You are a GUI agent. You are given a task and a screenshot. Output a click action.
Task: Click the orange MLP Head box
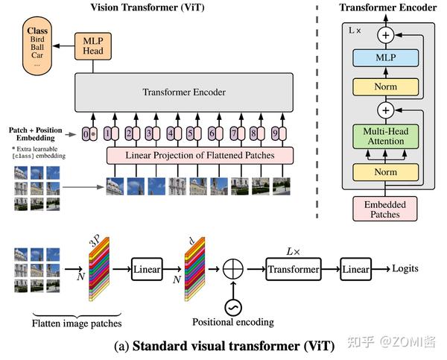coord(93,46)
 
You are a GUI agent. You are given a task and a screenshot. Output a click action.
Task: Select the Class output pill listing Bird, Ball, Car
coord(37,46)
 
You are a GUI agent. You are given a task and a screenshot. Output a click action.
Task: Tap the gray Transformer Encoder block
coord(184,92)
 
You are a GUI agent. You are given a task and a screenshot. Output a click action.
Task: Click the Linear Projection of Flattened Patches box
coord(200,156)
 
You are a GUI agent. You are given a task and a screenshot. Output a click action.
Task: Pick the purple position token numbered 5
coord(190,133)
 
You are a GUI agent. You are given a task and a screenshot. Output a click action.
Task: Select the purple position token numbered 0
coord(86,133)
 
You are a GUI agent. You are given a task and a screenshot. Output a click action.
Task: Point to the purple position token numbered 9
coord(275,133)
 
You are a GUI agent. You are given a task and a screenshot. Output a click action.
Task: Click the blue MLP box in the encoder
coord(386,58)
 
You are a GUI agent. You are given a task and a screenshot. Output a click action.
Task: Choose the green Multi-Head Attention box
coord(386,136)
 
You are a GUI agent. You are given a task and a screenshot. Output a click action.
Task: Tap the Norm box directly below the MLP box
coord(386,86)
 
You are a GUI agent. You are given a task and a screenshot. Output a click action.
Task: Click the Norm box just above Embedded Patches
coord(386,172)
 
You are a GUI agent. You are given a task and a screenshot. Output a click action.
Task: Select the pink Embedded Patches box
coord(385,209)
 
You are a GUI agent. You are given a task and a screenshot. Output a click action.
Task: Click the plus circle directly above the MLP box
coord(386,35)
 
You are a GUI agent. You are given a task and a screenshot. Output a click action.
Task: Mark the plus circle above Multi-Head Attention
coord(386,110)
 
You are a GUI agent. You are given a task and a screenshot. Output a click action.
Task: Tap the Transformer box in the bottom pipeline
coord(294,269)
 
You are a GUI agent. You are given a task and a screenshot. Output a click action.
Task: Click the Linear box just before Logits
coord(356,269)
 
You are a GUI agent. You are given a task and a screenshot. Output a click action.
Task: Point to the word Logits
coord(405,269)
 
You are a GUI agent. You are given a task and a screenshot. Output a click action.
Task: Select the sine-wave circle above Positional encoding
coord(233,308)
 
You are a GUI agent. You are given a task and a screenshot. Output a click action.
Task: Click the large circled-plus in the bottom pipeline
coord(233,269)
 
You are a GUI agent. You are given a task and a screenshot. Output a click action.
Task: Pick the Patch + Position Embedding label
coord(35,134)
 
